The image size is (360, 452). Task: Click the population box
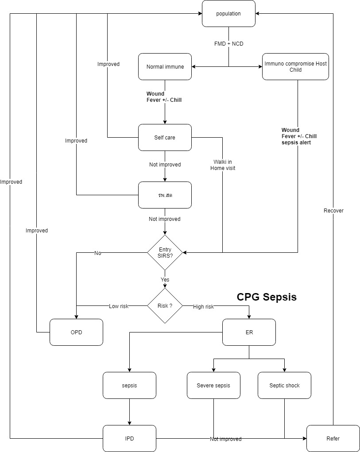coord(228,13)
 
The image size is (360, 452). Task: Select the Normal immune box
coord(165,67)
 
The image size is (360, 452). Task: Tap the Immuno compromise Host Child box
coord(295,67)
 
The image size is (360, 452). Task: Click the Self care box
coord(165,138)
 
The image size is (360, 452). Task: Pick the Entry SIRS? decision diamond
coord(165,253)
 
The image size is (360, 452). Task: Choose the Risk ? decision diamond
coord(165,306)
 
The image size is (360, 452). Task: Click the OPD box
coord(76,332)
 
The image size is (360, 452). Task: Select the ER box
coord(249,332)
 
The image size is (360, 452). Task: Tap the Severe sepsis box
coord(213,385)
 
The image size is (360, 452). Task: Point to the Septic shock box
coord(284,385)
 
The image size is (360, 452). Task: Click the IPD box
coord(129,438)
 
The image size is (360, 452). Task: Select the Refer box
coord(333,438)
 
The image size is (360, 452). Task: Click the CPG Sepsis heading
coord(267,297)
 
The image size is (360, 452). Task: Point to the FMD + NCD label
coord(228,44)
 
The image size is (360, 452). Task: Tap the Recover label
coord(333,211)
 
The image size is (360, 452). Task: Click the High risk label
coord(203,307)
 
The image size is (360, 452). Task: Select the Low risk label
coord(119,306)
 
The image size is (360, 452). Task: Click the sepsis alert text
coord(296,143)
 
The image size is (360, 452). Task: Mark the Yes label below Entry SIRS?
coord(165,280)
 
